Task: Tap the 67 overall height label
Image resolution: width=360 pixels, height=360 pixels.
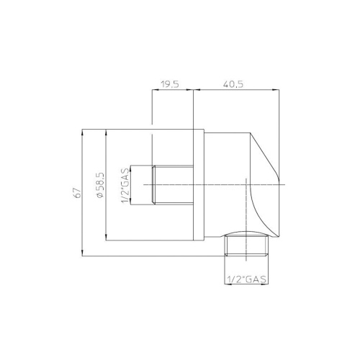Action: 74,192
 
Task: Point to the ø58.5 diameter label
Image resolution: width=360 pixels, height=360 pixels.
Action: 99,185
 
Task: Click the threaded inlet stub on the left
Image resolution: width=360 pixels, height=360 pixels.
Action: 173,186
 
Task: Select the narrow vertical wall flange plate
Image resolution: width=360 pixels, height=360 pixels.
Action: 199,185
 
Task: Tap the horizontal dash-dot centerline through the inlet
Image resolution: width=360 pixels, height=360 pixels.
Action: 216,185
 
